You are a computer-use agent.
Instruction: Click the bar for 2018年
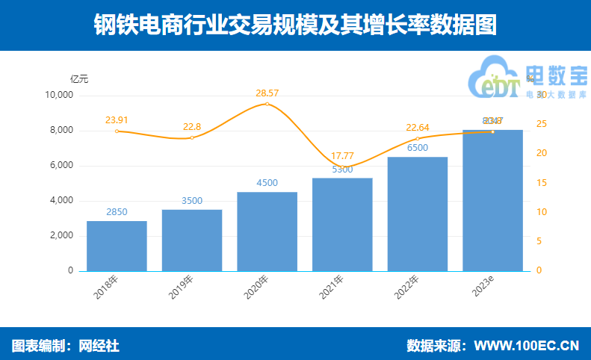click(x=117, y=246)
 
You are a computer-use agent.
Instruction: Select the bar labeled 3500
click(x=192, y=240)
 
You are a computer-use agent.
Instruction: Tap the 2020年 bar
click(x=267, y=232)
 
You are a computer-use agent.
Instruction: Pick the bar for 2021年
click(x=342, y=224)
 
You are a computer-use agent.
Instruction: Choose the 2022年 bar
click(x=417, y=214)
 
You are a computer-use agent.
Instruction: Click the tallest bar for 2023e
click(x=492, y=200)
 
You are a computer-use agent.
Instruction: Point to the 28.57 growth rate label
click(x=267, y=93)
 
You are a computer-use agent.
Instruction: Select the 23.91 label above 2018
click(x=117, y=120)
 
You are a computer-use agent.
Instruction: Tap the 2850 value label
click(x=117, y=212)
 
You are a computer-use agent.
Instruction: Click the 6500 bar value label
click(x=417, y=148)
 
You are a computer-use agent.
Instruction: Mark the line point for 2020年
click(x=267, y=104)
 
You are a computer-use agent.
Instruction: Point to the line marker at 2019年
click(x=192, y=137)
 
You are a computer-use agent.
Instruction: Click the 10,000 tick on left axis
click(x=58, y=96)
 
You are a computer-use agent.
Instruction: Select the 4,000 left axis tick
click(x=61, y=201)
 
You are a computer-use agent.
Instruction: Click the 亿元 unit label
click(x=79, y=78)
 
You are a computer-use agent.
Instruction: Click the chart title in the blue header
click(x=295, y=25)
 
